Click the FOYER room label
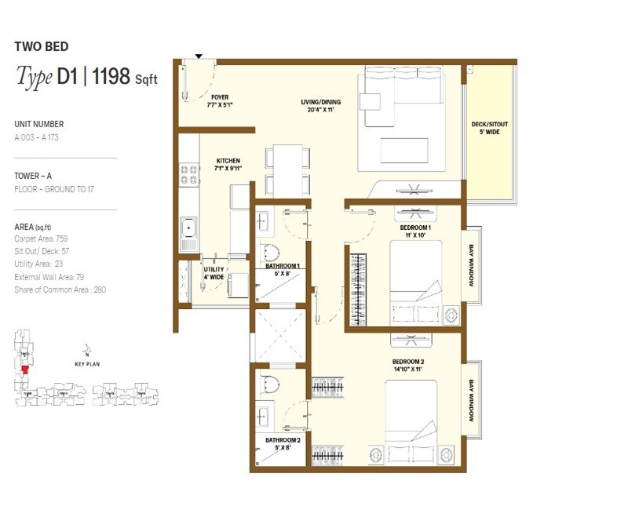220,97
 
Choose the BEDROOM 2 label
409,362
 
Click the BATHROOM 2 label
280,440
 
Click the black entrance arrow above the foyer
199,56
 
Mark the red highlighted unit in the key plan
25,369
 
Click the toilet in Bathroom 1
270,252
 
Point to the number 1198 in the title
112,77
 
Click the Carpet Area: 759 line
41,237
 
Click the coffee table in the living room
404,150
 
